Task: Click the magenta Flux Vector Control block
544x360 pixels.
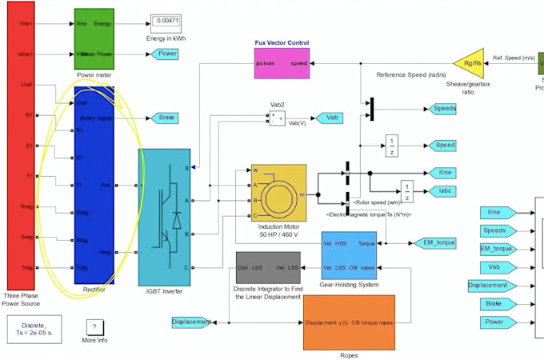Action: point(282,62)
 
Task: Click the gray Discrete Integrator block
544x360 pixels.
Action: point(268,266)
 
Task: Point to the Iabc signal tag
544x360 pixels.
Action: point(446,191)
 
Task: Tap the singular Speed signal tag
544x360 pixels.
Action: point(444,145)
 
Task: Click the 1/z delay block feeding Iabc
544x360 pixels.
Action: point(406,191)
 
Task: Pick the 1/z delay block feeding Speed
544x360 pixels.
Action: point(391,146)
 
